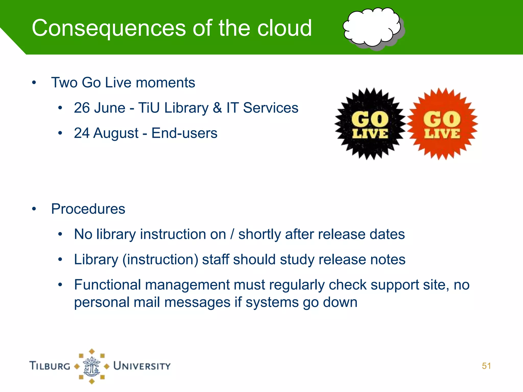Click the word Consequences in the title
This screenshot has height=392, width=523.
click(x=109, y=28)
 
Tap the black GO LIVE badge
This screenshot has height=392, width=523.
click(x=370, y=124)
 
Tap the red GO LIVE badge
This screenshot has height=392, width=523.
click(x=442, y=124)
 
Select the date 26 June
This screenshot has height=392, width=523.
click(x=100, y=108)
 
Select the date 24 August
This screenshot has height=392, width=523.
click(x=106, y=133)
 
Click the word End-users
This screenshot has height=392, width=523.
click(x=184, y=133)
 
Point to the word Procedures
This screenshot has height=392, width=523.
click(x=88, y=209)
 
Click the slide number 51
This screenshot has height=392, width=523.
click(x=486, y=366)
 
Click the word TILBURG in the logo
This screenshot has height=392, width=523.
click(x=50, y=366)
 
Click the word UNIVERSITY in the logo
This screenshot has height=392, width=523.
click(x=142, y=366)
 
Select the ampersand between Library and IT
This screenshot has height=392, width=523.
click(x=217, y=108)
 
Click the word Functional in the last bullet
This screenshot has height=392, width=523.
click(x=107, y=285)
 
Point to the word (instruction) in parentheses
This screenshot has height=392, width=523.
click(x=160, y=260)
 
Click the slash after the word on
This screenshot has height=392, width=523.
click(x=232, y=234)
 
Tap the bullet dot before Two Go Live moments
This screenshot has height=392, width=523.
click(x=34, y=83)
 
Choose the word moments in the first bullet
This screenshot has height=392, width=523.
click(x=165, y=83)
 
